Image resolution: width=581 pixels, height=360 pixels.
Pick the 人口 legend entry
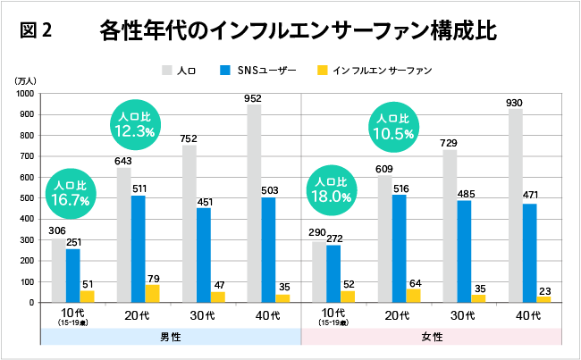[180, 70]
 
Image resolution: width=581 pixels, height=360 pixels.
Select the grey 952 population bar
[254, 203]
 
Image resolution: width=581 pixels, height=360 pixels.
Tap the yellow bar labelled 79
[152, 293]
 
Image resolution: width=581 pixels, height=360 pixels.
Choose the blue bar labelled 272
[333, 273]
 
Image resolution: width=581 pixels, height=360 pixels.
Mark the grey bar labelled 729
[450, 226]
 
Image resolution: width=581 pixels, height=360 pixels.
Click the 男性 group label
[170, 337]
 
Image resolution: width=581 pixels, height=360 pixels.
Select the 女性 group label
[432, 337]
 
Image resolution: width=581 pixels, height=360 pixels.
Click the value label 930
[515, 103]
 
